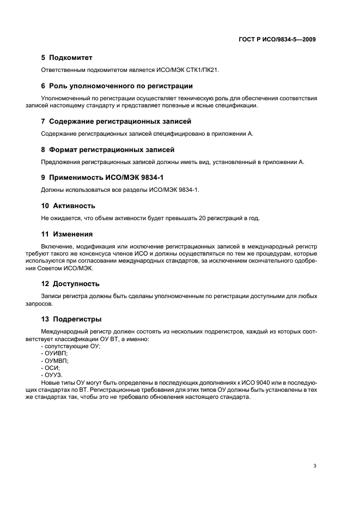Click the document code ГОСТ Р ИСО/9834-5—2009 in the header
click(x=277, y=40)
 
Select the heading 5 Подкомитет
click(x=67, y=57)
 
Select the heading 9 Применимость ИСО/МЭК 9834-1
click(x=103, y=178)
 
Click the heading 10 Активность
click(x=68, y=206)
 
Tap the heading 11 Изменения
click(x=67, y=234)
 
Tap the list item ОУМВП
click(x=57, y=361)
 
